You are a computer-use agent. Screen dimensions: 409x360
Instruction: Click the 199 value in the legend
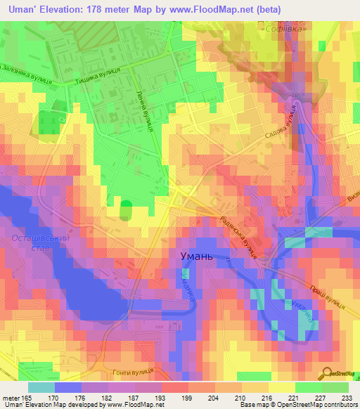[166, 398]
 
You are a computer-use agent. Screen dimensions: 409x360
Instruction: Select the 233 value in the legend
[347, 398]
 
